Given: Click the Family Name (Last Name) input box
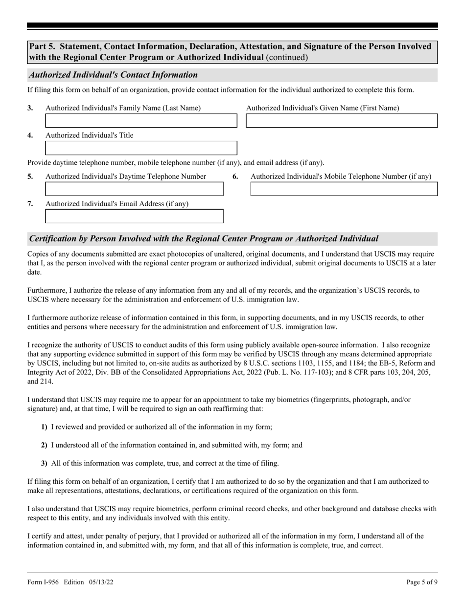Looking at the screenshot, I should [x=141, y=121].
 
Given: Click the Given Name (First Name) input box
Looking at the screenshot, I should [x=342, y=121].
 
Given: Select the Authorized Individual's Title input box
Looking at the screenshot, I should [x=141, y=148].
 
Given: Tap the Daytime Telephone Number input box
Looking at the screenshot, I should [x=134, y=189].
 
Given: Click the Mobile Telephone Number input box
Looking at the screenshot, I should [x=344, y=189].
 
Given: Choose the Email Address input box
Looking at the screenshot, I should [x=134, y=216].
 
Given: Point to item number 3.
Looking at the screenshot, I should [x=30, y=108].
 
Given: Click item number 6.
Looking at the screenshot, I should [x=235, y=177].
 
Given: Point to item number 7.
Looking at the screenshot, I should [x=30, y=204].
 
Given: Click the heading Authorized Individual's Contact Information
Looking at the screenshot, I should [x=114, y=75].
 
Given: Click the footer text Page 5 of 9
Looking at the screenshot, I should [x=422, y=582].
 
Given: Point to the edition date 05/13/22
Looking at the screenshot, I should [x=102, y=582].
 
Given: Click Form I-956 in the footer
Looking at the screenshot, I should [x=43, y=582].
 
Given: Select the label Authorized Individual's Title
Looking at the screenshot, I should [x=89, y=135].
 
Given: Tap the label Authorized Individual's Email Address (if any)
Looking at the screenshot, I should [x=116, y=204].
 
